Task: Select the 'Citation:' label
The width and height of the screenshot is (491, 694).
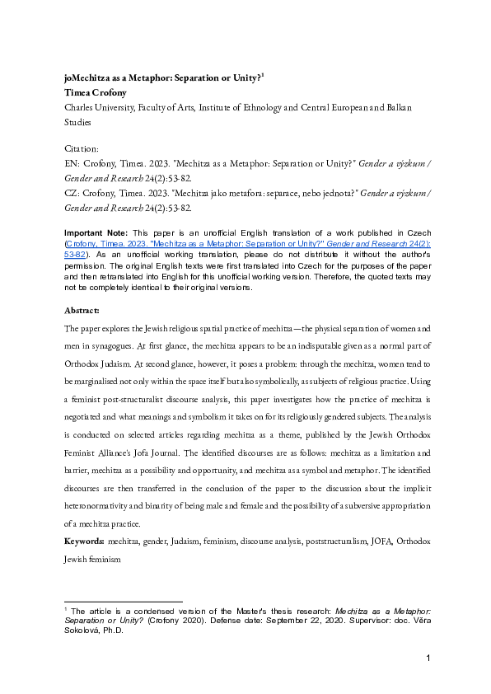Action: coord(81,148)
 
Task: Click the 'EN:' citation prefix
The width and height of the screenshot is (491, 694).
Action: coord(72,163)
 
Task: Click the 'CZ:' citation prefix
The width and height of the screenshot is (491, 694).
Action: coord(72,194)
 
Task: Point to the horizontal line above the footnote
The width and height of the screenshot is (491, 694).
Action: coord(123,602)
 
